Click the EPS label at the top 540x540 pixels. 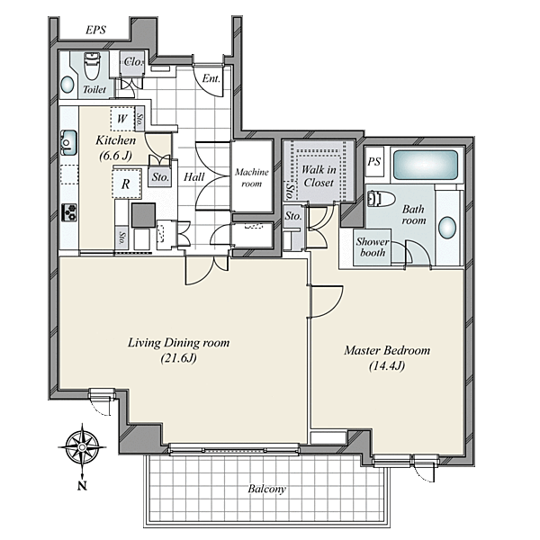click(95, 31)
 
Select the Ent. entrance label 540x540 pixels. click(211, 79)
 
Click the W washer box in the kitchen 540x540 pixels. click(122, 119)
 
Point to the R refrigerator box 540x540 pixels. click(126, 184)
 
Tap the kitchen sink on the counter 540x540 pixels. click(69, 142)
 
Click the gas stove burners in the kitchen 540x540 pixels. click(69, 212)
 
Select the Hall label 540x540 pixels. click(193, 177)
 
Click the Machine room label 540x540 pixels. click(252, 177)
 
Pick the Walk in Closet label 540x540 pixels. click(319, 175)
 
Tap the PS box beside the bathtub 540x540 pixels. click(374, 161)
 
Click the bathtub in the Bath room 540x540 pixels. click(426, 165)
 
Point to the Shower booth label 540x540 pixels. click(373, 247)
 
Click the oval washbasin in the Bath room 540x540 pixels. click(447, 228)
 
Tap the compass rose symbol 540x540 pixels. click(82, 447)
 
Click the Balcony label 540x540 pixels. click(267, 489)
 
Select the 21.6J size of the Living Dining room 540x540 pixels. click(178, 358)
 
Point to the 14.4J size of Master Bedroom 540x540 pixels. click(387, 365)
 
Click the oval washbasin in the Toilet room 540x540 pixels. click(67, 85)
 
